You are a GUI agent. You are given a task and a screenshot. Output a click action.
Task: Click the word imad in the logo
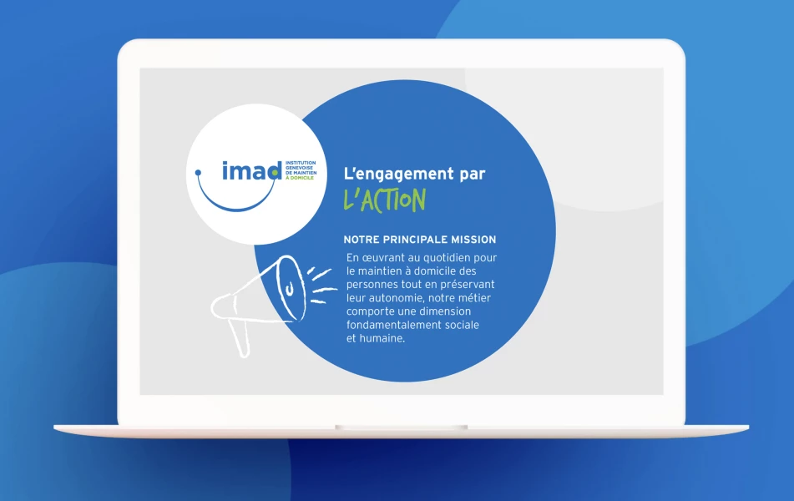(x=251, y=170)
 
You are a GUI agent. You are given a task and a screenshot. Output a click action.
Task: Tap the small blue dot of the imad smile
(x=198, y=173)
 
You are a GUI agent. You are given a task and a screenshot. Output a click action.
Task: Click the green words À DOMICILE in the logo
(x=300, y=178)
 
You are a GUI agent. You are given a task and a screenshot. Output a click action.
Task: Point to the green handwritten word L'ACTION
(x=384, y=200)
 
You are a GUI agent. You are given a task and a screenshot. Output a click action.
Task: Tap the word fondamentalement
(x=393, y=325)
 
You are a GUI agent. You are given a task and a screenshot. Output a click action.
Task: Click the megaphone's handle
(x=239, y=337)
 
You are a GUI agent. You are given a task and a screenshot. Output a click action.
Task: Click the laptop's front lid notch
(x=401, y=428)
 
